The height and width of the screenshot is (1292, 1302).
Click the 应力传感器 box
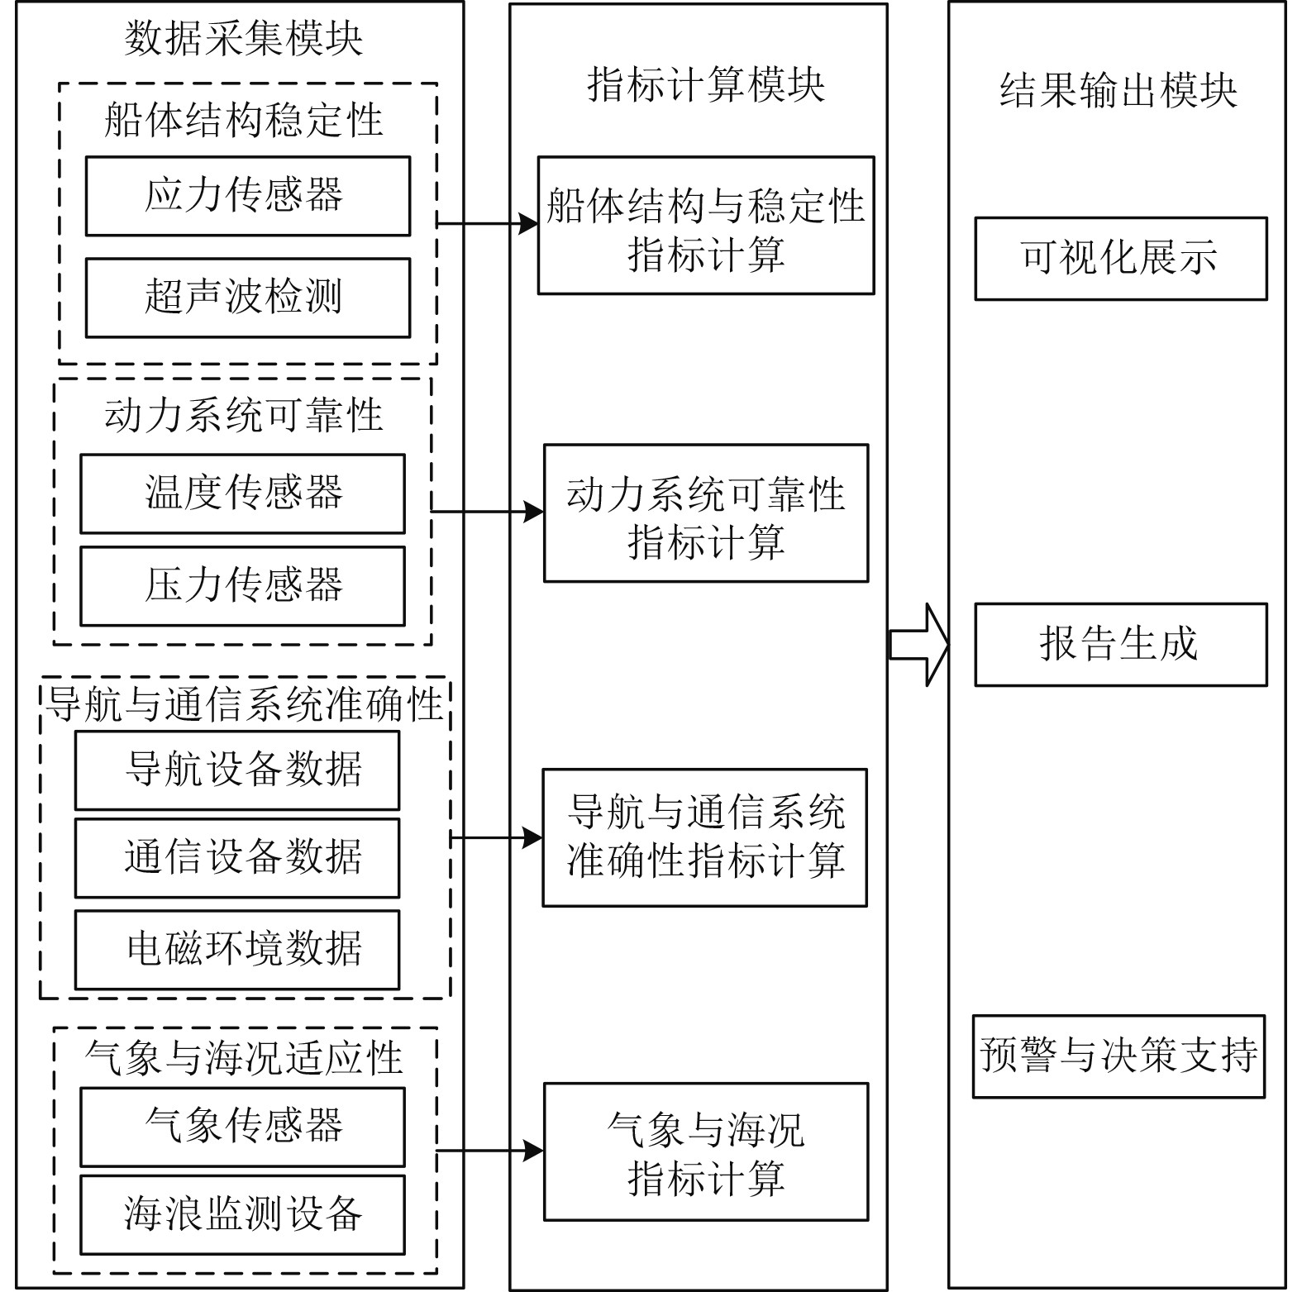coord(247,196)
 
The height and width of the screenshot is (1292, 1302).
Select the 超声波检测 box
coord(247,298)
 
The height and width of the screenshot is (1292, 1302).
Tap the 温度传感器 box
coord(242,493)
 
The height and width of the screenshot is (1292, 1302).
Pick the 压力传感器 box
coord(242,586)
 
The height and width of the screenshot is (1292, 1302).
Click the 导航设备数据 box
coord(237,770)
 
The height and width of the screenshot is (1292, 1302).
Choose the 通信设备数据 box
coord(237,858)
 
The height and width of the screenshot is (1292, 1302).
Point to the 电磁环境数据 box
coord(237,950)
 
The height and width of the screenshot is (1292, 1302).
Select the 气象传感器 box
coord(242,1127)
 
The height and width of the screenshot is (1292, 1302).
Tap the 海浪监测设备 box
coord(242,1214)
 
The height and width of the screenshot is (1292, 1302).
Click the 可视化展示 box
coord(1120,258)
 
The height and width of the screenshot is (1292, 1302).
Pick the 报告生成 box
coord(1120,645)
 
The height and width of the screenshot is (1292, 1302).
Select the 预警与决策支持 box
coord(1118,1056)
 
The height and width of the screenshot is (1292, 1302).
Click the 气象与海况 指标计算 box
coord(706,1151)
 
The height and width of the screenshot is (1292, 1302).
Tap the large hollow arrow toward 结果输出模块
coord(918,645)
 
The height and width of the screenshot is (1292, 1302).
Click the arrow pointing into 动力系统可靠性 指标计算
coord(488,512)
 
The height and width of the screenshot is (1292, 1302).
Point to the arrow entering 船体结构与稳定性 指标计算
coord(488,223)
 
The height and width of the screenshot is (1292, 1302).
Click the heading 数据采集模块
coord(243,39)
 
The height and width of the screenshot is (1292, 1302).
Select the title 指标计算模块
coord(705,85)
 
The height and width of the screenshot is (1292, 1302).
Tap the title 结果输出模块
coord(1118,90)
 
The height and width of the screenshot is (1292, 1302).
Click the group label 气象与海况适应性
coord(243,1058)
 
